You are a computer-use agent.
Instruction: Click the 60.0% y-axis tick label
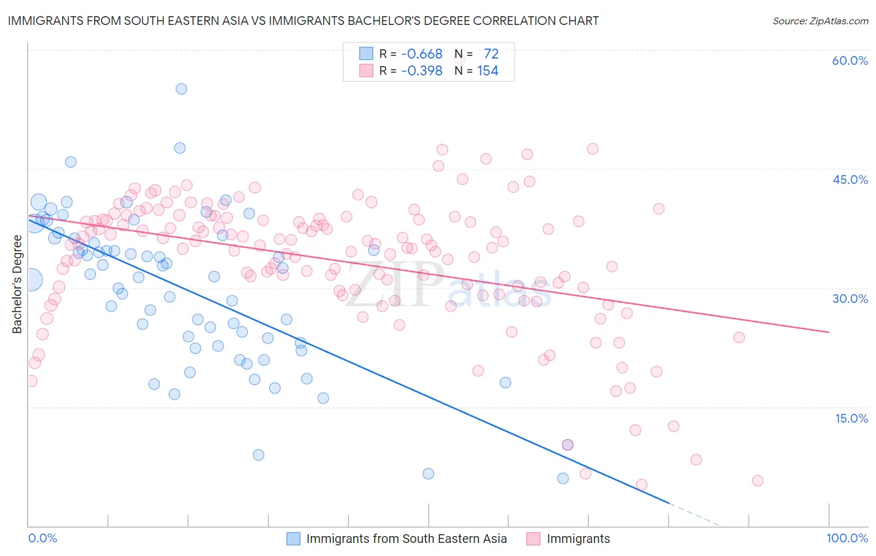(x=850, y=60)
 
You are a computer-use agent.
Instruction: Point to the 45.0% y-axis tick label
(x=850, y=180)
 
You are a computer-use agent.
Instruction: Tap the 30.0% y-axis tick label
(x=850, y=299)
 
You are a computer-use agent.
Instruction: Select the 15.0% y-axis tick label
(x=851, y=418)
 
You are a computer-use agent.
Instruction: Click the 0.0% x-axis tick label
(x=42, y=538)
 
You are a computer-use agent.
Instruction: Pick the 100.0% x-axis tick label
(x=847, y=538)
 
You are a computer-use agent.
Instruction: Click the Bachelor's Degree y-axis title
(x=17, y=284)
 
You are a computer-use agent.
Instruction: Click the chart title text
(x=303, y=21)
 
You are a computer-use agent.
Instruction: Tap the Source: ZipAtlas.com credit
(x=820, y=21)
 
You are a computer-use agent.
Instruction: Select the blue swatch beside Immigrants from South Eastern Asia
(x=293, y=539)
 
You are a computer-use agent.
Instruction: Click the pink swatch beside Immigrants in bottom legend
(x=533, y=539)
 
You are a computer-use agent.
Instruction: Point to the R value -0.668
(x=421, y=54)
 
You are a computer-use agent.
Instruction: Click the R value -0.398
(x=421, y=70)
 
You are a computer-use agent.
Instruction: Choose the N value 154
(x=487, y=70)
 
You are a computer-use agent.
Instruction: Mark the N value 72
(x=491, y=54)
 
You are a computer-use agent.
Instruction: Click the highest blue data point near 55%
(x=181, y=89)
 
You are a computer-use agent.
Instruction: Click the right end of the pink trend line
(x=829, y=332)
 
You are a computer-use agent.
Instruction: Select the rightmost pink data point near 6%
(x=758, y=481)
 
